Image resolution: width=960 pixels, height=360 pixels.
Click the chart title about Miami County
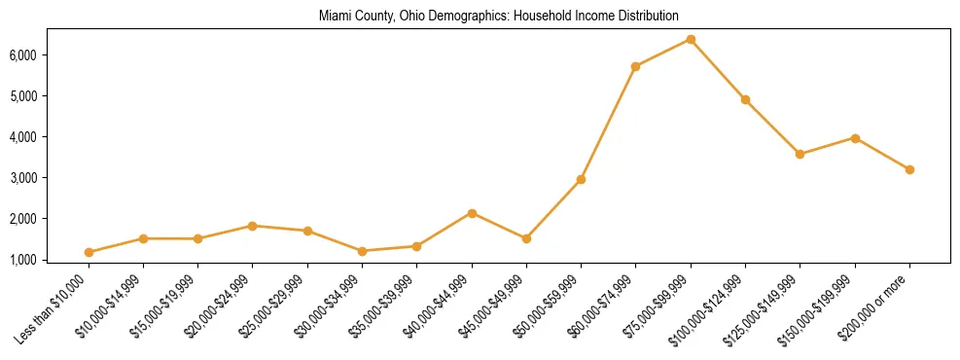coord(498,17)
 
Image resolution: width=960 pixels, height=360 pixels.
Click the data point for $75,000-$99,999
coord(691,39)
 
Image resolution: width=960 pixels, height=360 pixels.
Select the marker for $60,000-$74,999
coord(635,66)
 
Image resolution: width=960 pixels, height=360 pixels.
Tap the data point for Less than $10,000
coord(89,252)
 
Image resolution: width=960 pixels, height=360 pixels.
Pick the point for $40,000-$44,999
coord(472,213)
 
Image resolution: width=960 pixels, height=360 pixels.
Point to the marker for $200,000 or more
coord(909,169)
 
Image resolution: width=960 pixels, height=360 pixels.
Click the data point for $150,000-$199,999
coord(855,138)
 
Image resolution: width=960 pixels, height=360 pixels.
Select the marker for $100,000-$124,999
coord(745,99)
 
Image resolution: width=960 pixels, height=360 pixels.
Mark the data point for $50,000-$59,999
coord(581,179)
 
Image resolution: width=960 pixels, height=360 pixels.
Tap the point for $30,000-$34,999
coord(362,251)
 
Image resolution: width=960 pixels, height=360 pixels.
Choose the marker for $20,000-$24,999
coord(253,226)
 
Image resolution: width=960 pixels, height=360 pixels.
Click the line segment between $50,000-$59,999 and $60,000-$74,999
coord(608,123)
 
